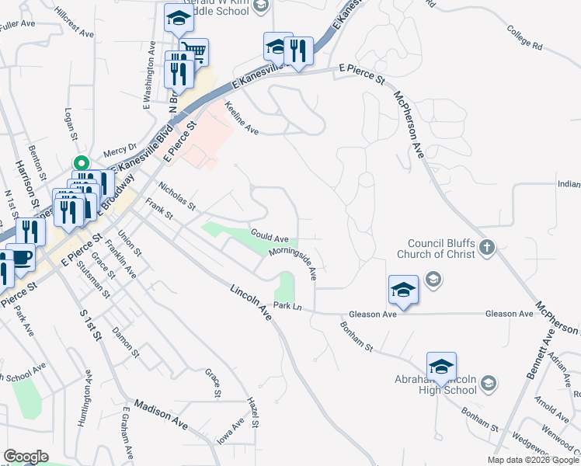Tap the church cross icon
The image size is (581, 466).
click(x=486, y=248)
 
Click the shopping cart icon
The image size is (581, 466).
click(x=194, y=52)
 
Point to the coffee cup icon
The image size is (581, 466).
click(x=19, y=258)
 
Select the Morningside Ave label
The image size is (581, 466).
click(x=294, y=263)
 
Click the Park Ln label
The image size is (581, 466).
click(x=287, y=307)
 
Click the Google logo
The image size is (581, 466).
click(x=26, y=457)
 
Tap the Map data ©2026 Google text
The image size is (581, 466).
click(x=532, y=460)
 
